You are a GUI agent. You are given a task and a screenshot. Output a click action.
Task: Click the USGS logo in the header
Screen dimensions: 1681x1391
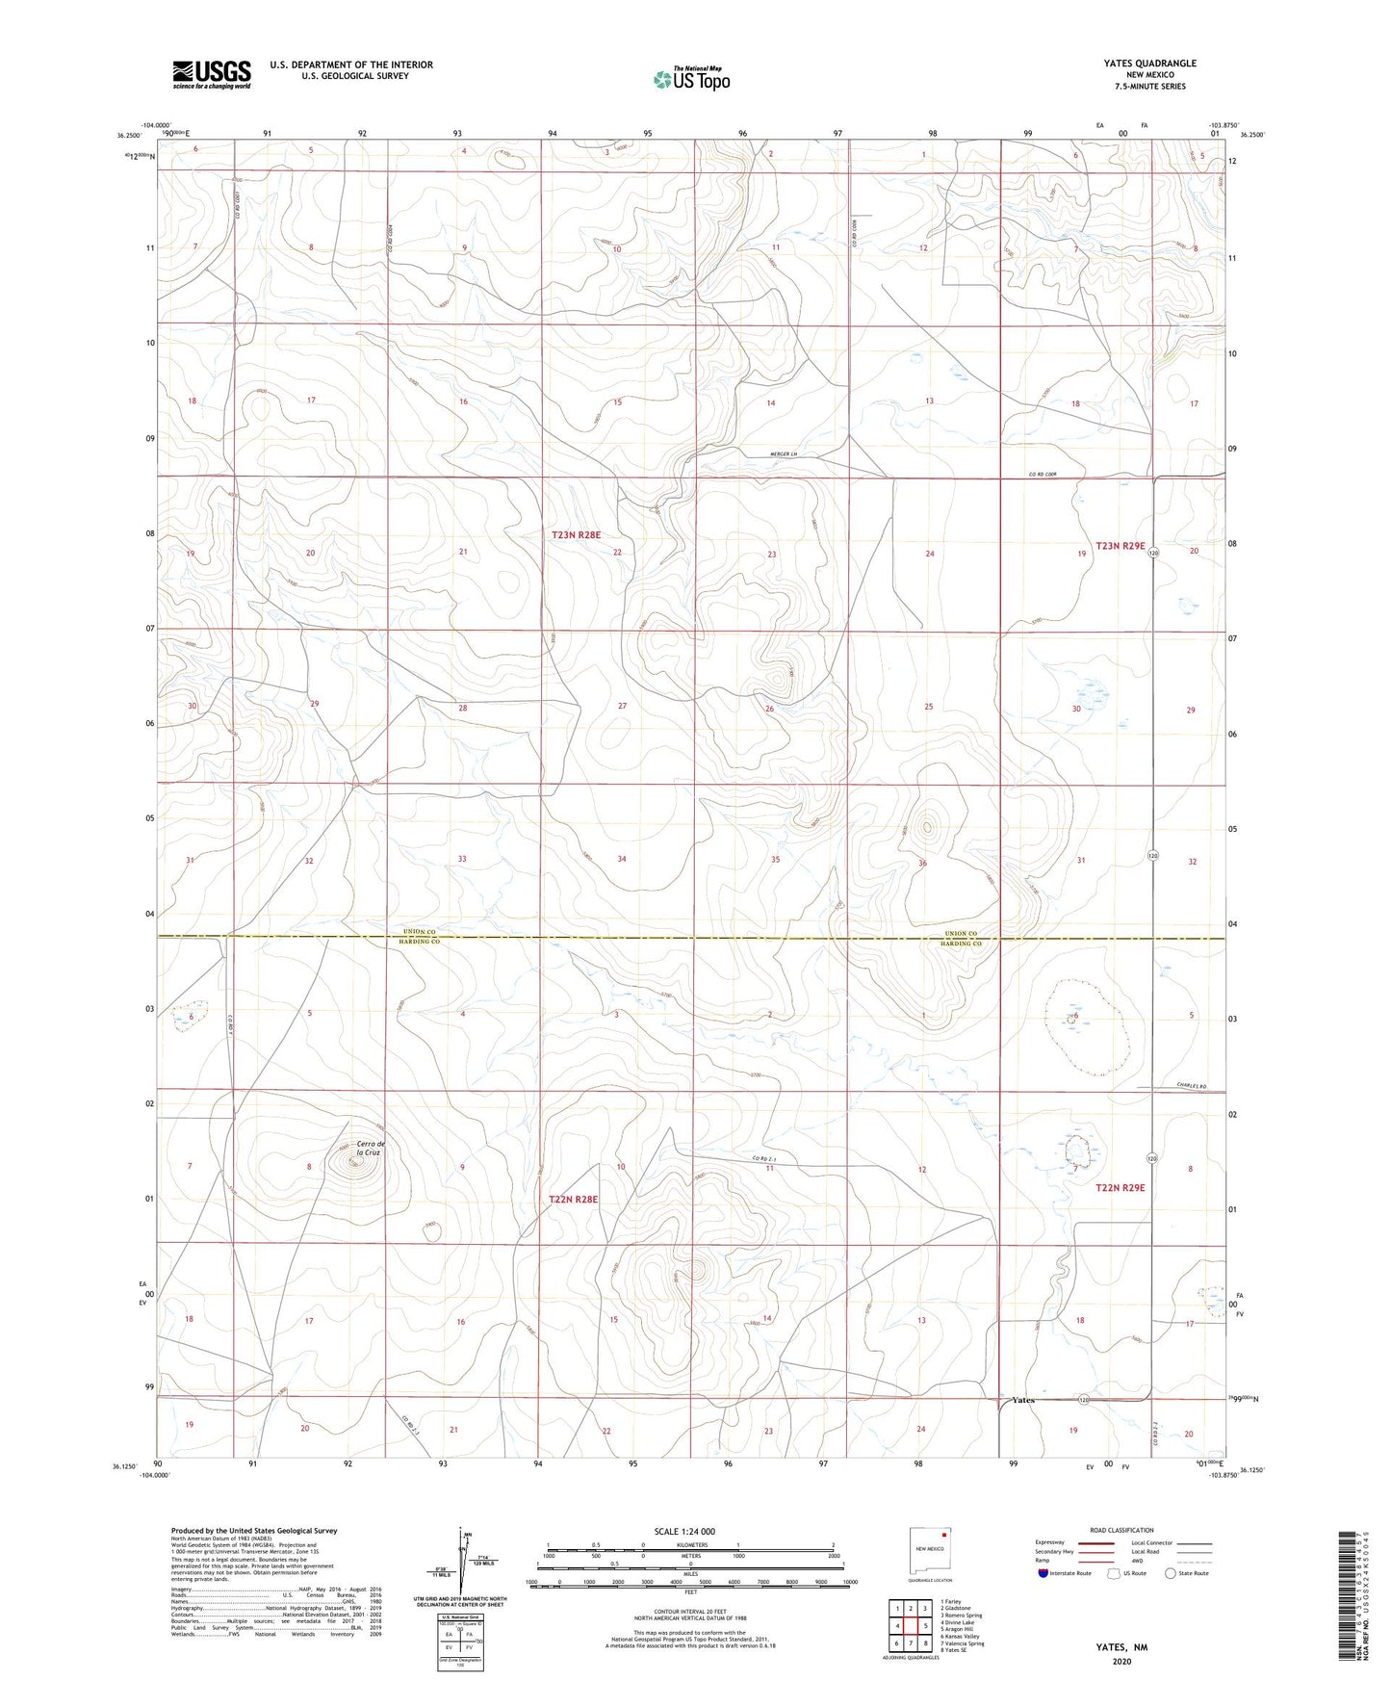coord(212,74)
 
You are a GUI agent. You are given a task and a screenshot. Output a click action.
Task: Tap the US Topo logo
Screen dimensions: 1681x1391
coord(690,79)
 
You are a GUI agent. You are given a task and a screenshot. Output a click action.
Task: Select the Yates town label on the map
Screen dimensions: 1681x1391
coord(1023,1400)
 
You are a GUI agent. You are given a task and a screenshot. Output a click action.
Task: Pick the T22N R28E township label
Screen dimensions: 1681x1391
coord(574,1200)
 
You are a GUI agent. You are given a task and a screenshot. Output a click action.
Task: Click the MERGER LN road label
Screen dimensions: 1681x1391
coord(786,454)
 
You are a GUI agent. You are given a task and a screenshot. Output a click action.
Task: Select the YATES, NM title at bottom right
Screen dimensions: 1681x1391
coord(1121,1647)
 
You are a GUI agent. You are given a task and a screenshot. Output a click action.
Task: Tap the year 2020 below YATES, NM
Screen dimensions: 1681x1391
coord(1121,1661)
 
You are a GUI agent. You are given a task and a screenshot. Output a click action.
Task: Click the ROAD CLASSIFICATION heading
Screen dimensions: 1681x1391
coord(1122,1530)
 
